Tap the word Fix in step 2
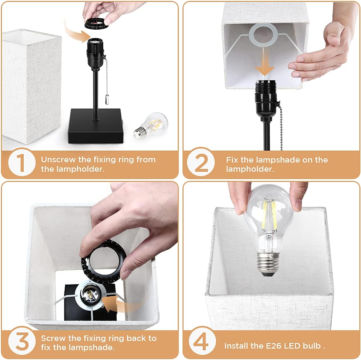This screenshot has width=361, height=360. tap(232, 160)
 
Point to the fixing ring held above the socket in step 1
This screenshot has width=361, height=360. tap(96, 23)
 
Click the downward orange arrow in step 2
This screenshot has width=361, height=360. tap(265, 66)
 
